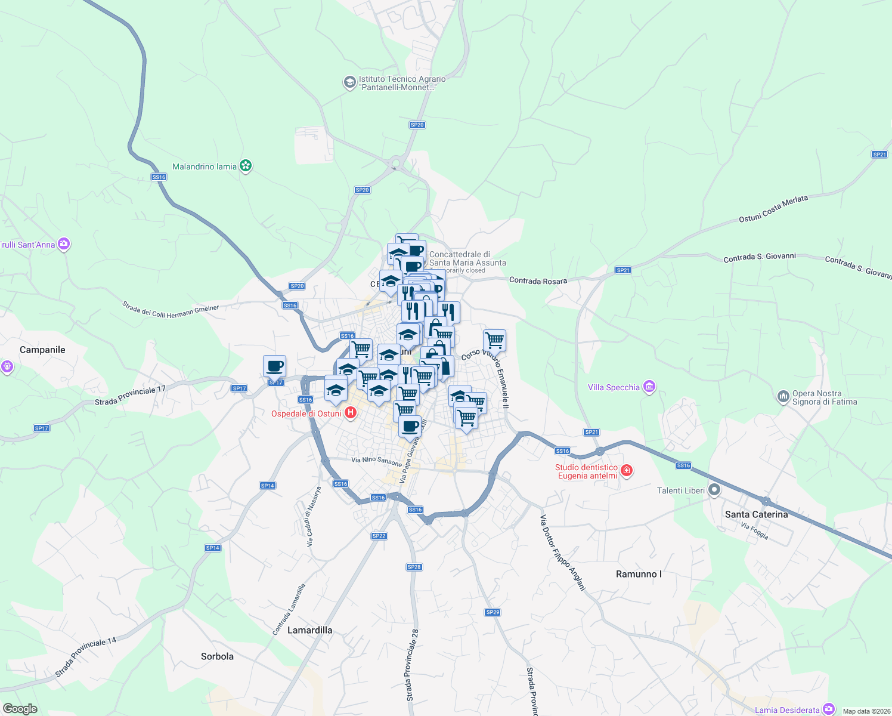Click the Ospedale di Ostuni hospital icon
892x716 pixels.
click(351, 413)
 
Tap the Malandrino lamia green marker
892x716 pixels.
click(246, 166)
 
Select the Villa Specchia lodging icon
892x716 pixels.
click(649, 387)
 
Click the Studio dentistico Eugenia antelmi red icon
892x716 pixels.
click(627, 471)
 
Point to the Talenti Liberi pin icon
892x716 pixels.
click(714, 490)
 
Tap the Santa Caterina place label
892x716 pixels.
click(756, 514)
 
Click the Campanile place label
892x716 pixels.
click(42, 350)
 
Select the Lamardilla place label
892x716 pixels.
click(309, 630)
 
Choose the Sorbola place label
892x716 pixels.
click(217, 656)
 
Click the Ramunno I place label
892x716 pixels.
click(639, 574)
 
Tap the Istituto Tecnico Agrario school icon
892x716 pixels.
click(350, 82)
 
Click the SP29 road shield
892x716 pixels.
click(493, 612)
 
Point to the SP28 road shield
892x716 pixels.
click(414, 567)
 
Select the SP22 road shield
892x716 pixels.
click(379, 536)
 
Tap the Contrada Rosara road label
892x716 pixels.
click(538, 281)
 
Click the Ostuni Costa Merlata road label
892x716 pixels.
click(773, 209)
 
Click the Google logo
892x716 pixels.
click(20, 709)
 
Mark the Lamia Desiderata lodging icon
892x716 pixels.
click(829, 709)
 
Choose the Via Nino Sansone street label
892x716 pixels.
click(377, 461)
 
